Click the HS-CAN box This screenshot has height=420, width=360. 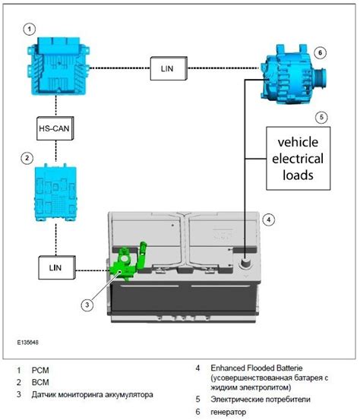(55, 128)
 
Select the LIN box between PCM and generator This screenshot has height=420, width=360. (169, 68)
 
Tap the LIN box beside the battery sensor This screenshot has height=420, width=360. (57, 267)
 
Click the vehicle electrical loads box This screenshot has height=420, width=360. (298, 158)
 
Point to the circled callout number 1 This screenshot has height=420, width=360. (30, 29)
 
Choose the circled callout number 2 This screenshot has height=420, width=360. (27, 158)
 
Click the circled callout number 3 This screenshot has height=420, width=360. (87, 305)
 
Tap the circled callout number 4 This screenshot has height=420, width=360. (269, 219)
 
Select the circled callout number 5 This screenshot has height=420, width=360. (321, 117)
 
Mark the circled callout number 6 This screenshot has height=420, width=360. (320, 52)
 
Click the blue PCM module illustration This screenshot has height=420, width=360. (58, 66)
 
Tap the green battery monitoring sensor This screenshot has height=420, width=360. (128, 261)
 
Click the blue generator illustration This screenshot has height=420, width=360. (292, 74)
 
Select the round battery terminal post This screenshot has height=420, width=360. (245, 263)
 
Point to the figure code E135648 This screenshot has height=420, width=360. (28, 343)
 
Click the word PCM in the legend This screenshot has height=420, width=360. (40, 370)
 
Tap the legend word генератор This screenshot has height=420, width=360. (228, 412)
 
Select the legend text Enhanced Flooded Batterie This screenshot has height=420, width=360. (257, 368)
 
